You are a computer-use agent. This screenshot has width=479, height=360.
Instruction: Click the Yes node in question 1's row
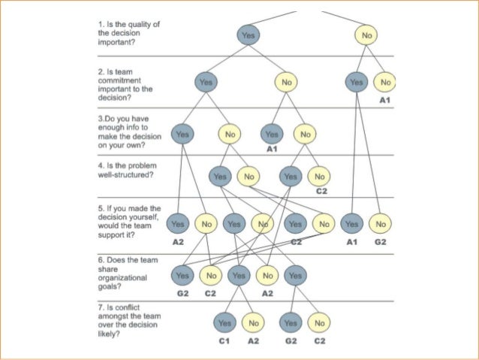[249, 35]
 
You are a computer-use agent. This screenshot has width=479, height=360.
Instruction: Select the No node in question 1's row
[366, 35]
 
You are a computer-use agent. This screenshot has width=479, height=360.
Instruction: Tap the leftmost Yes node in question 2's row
[206, 81]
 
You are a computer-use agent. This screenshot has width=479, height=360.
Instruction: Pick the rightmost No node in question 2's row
[386, 81]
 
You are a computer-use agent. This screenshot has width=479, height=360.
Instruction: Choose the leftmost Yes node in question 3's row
[182, 135]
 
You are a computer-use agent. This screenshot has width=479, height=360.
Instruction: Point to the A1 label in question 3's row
[272, 150]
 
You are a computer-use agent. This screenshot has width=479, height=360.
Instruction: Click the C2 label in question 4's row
[321, 192]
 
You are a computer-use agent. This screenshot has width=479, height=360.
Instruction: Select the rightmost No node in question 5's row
[381, 224]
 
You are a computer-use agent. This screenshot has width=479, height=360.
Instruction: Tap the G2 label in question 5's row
[381, 242]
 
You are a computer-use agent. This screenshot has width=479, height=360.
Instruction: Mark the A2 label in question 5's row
[178, 242]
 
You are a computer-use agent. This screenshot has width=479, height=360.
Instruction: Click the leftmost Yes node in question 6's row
[182, 276]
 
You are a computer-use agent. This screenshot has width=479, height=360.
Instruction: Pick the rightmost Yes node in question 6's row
[295, 276]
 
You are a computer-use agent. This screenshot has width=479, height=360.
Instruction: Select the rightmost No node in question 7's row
[320, 322]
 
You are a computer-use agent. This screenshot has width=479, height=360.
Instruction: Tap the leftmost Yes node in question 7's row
[224, 322]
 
